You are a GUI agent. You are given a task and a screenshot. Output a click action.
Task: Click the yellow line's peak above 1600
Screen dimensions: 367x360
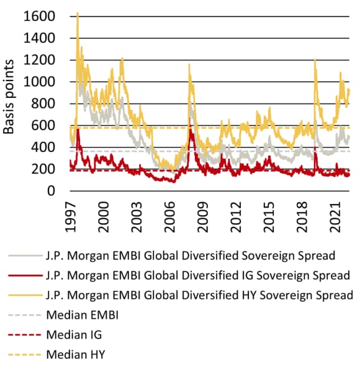tap(77, 13)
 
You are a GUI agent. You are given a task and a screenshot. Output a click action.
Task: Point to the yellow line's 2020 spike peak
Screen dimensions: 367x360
tap(316, 60)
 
